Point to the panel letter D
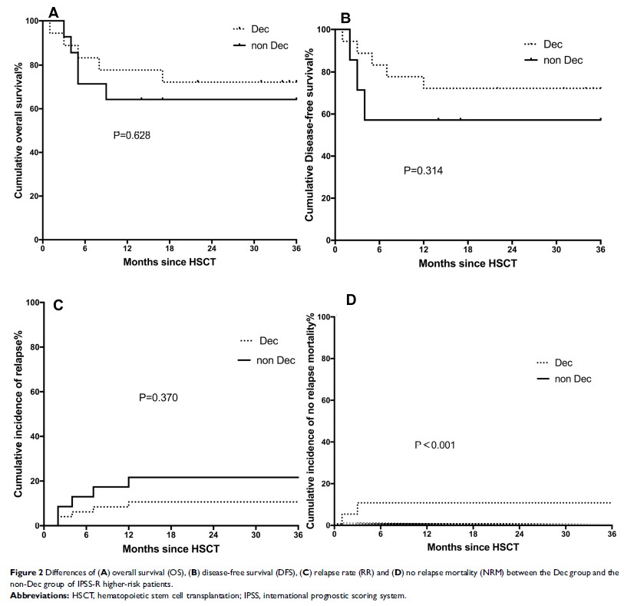point(351,299)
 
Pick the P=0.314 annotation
point(423,170)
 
